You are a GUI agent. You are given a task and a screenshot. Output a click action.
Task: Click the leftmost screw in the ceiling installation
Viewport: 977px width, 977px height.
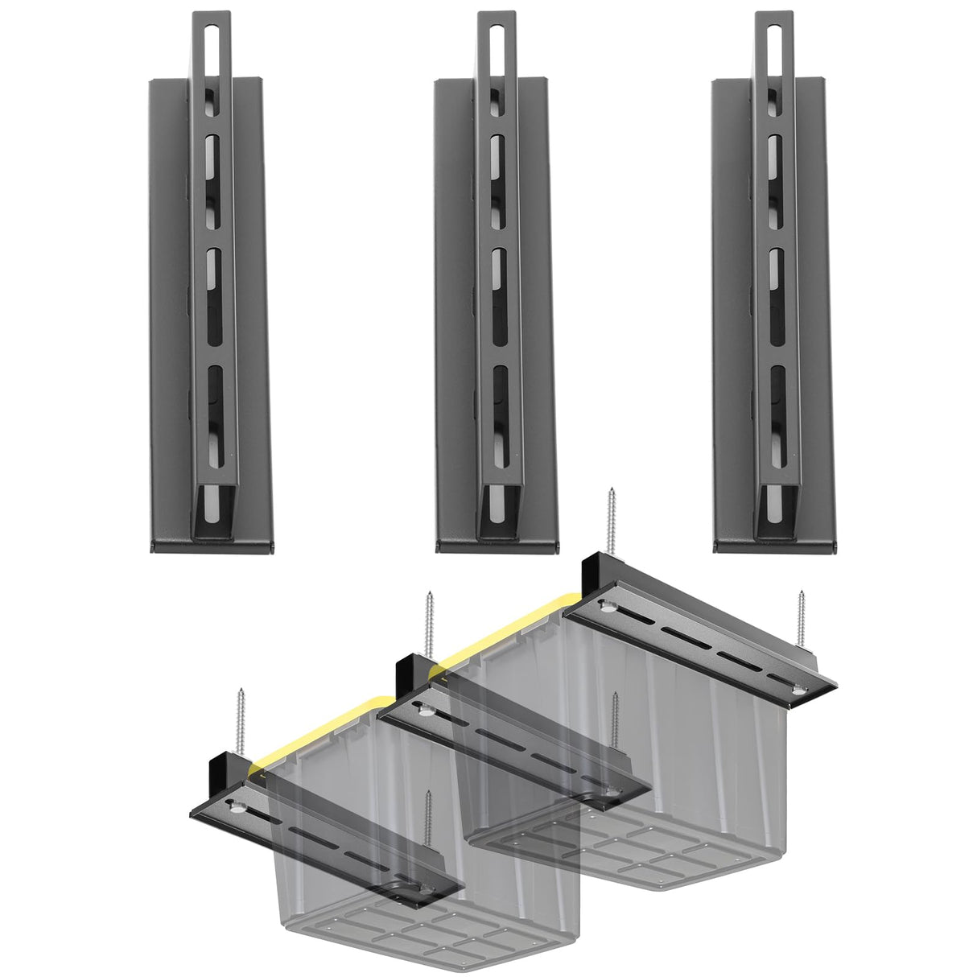(239, 721)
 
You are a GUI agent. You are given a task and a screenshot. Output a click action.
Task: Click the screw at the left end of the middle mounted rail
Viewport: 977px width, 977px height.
(427, 624)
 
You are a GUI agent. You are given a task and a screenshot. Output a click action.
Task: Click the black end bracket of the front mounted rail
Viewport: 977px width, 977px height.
(225, 773)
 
